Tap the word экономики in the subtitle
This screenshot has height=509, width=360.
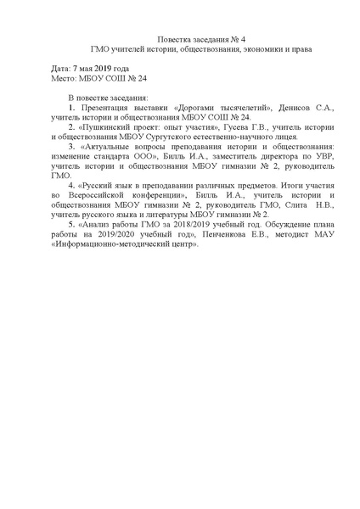(x=244, y=48)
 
